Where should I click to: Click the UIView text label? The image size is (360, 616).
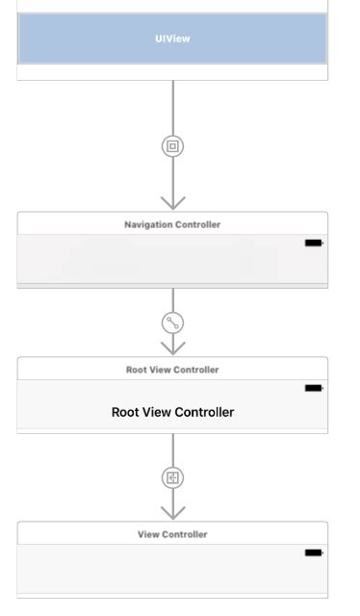(172, 38)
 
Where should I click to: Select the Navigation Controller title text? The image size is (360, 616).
(172, 224)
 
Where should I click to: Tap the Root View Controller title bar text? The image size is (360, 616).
(172, 370)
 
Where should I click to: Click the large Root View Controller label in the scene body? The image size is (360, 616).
(172, 412)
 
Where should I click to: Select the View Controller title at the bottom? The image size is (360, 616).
(172, 534)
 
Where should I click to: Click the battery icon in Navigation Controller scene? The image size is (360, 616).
(313, 244)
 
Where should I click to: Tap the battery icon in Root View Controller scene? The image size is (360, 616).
(313, 388)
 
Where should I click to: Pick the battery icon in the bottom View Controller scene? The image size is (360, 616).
(313, 552)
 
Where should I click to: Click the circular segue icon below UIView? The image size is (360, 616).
(172, 146)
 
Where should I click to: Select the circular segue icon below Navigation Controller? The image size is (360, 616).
(172, 323)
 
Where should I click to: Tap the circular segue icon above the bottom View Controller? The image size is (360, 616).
(172, 477)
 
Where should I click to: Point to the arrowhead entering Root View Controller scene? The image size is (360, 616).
(172, 347)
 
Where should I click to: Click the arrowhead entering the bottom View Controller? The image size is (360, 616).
(172, 512)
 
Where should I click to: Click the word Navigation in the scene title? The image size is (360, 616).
(147, 224)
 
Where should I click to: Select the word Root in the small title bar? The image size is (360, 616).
(136, 370)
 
